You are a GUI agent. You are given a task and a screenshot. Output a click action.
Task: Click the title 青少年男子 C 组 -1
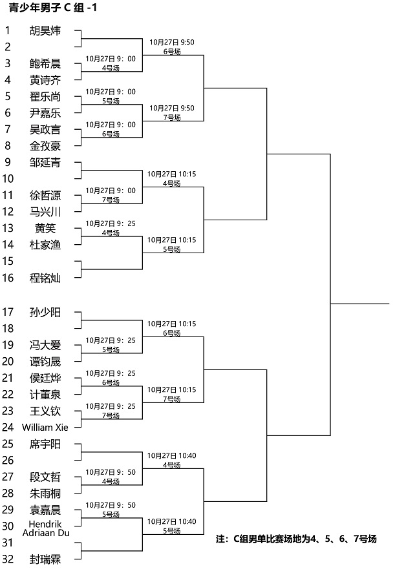tap(53, 8)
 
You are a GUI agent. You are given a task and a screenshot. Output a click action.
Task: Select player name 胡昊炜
tap(45, 30)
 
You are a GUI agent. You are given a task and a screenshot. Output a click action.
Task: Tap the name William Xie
tap(45, 428)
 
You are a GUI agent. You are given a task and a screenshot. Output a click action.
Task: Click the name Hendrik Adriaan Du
tap(45, 528)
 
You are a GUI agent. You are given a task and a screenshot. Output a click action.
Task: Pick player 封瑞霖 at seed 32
tap(45, 559)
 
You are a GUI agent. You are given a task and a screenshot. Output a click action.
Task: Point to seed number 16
tap(8, 278)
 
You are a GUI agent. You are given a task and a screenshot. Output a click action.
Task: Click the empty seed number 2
tap(8, 47)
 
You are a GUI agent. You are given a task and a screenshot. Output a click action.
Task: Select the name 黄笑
tap(45, 228)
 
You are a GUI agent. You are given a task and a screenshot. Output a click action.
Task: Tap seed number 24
tap(8, 428)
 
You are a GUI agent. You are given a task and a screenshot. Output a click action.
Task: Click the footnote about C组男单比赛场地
tap(296, 539)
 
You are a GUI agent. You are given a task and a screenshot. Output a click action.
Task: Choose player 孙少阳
tap(45, 313)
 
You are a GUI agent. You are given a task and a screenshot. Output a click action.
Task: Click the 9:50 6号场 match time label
tap(172, 47)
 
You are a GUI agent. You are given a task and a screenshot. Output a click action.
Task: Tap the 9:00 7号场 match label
tap(111, 195)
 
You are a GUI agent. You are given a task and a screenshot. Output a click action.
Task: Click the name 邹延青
tap(45, 162)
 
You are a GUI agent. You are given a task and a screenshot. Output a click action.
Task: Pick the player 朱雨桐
tap(45, 493)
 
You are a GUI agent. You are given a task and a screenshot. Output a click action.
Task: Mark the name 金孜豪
tap(45, 146)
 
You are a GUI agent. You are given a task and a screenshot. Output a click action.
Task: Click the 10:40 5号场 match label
tap(172, 526)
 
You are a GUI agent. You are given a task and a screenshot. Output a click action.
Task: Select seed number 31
tap(8, 543)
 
